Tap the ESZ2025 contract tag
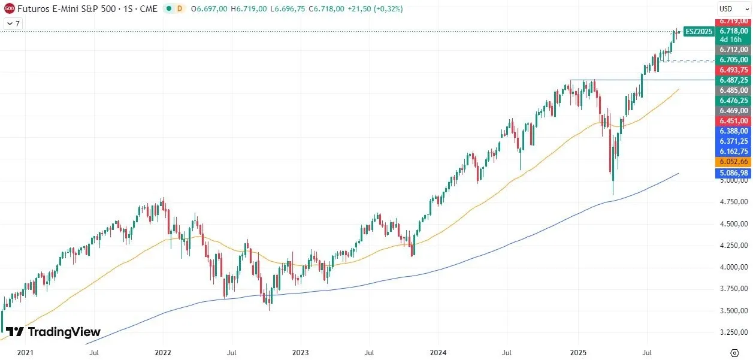[699, 32]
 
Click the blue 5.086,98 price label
[734, 173]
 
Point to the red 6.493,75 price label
[734, 69]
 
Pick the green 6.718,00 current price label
[734, 31]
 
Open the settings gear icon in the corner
[734, 352]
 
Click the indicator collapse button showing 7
[13, 23]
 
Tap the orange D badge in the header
[179, 9]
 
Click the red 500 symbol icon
[9, 9]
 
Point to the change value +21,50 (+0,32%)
[376, 9]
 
